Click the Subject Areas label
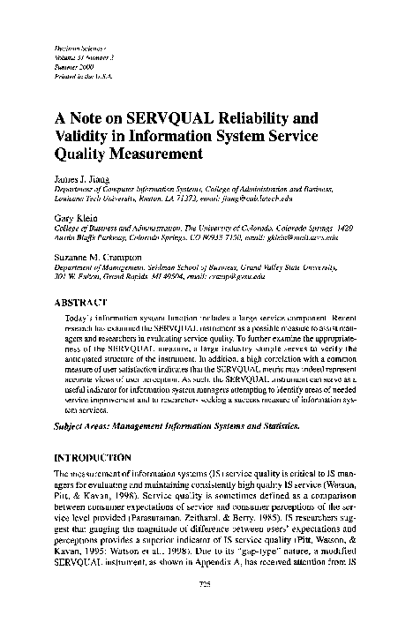coord(79,424)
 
